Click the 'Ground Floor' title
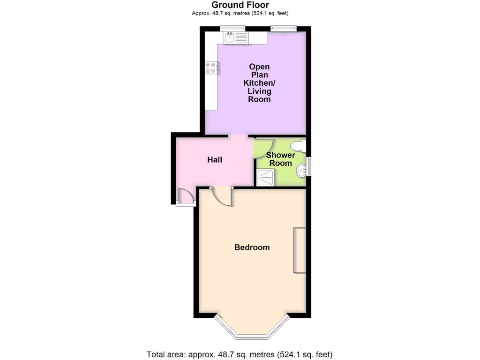[240, 5]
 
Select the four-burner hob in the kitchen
[210, 67]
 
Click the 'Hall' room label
[215, 160]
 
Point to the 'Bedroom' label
[252, 247]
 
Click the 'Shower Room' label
[281, 159]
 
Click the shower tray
[266, 177]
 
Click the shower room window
[309, 166]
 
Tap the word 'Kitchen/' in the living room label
[259, 83]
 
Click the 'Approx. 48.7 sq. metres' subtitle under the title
[240, 13]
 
